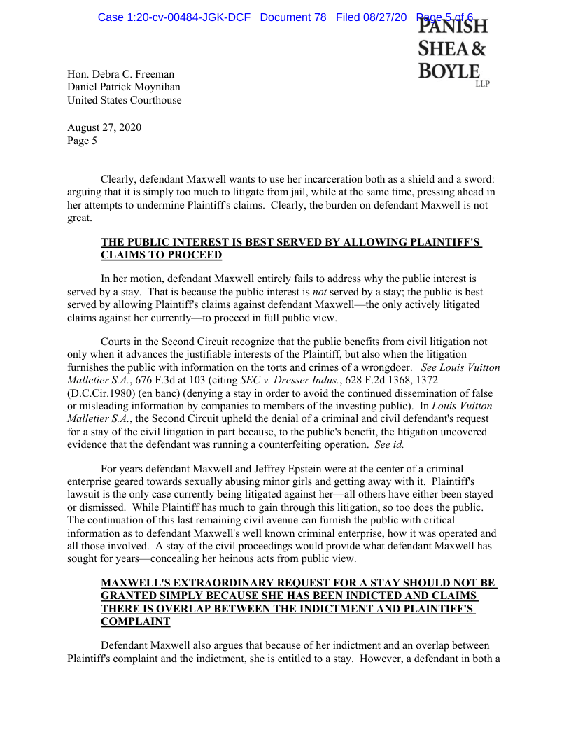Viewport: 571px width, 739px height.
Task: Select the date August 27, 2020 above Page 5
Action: [104, 127]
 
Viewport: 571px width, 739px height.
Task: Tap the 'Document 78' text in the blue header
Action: [292, 17]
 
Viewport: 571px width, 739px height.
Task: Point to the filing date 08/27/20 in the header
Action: [384, 17]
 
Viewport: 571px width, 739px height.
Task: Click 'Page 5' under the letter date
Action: [82, 140]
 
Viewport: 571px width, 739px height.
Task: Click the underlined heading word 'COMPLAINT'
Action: [136, 621]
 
